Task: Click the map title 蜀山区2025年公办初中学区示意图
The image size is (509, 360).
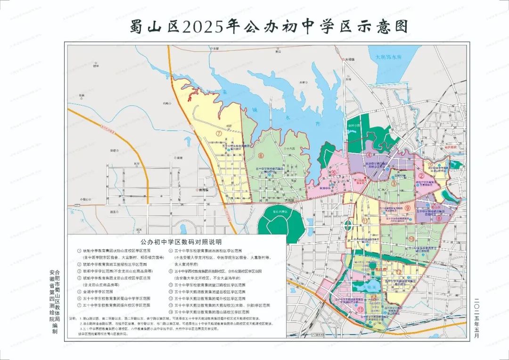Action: coord(269,27)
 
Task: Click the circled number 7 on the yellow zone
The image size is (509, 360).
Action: coord(219,133)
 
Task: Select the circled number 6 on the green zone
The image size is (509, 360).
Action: coord(260,156)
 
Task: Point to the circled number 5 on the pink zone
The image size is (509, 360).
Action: coord(334,173)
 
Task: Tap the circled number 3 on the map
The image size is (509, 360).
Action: coord(393,184)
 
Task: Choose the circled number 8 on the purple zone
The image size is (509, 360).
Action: coord(439,218)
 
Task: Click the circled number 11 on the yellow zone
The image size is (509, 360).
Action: coord(365,221)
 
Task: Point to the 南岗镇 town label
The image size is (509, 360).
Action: coord(203,189)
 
